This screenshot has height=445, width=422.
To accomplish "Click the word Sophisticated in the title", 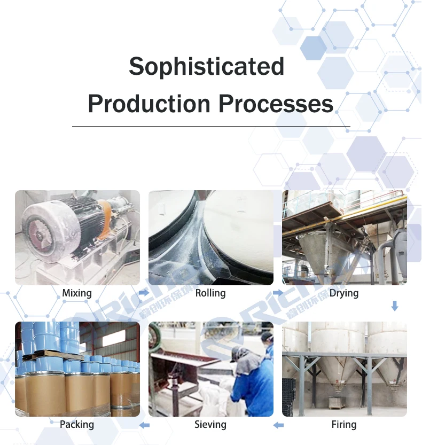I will tap(206, 67).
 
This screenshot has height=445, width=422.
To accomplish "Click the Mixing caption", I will tap(77, 293).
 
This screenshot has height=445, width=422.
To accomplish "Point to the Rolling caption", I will tap(210, 293).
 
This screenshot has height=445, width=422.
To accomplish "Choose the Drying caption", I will tap(344, 293).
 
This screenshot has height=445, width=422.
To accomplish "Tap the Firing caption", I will tap(344, 425).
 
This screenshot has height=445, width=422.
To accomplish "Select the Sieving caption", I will tap(210, 425).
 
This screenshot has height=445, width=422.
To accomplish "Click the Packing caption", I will tap(77, 425).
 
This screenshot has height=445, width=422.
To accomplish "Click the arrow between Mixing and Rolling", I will tap(144, 293).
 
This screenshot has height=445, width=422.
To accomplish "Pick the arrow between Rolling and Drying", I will tap(278, 293).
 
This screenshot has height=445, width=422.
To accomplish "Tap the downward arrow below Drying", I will tap(395, 306).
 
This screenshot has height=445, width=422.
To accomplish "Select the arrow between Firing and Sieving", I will tap(278, 425).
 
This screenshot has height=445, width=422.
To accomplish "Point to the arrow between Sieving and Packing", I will tap(144, 425).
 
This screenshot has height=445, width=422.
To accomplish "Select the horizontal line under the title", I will tap(211, 126).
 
